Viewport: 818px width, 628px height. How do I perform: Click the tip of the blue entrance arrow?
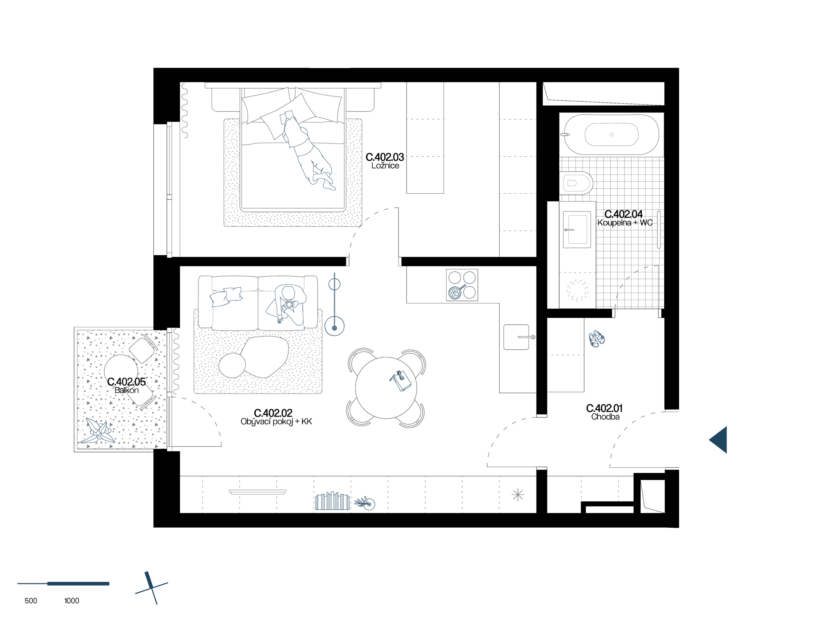(x=709, y=440)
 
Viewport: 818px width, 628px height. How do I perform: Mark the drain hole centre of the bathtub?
(x=612, y=135)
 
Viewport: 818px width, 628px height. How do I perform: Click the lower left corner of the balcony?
(x=74, y=452)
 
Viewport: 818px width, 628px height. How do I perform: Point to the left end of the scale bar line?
(x=18, y=584)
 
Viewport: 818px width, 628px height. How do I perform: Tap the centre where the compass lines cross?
(x=152, y=589)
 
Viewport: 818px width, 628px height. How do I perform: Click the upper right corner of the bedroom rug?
(x=362, y=119)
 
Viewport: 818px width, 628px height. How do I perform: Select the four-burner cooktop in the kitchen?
(x=462, y=285)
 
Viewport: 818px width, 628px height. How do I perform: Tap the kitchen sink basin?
(x=516, y=337)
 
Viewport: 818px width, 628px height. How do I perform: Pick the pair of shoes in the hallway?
(x=596, y=339)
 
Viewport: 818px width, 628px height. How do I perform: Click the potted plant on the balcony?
(x=99, y=431)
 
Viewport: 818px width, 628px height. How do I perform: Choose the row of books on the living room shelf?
(x=332, y=501)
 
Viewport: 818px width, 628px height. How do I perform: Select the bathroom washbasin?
(x=577, y=229)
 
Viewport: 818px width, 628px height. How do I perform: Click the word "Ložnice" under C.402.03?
(x=385, y=166)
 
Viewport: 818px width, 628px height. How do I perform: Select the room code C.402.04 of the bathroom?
(x=624, y=214)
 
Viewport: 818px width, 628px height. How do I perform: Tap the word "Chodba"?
(x=606, y=417)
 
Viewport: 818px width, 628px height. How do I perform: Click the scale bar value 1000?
(x=72, y=601)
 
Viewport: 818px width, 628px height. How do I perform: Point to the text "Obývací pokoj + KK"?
(x=276, y=422)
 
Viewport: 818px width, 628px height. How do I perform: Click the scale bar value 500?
(x=31, y=601)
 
